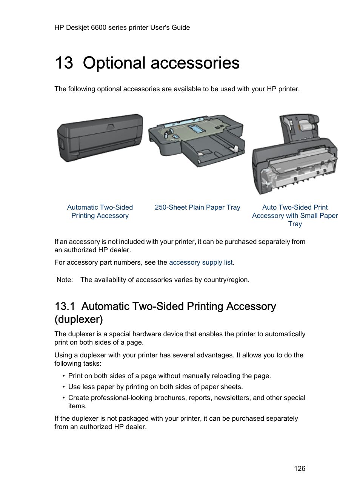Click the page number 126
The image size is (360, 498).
(300, 469)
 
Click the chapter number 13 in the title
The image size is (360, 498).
(64, 63)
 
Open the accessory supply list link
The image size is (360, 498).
(201, 262)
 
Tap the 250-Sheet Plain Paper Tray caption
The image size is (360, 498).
(197, 207)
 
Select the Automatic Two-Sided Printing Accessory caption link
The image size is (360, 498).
(100, 211)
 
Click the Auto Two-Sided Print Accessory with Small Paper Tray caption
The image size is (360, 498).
(295, 216)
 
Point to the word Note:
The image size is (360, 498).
(65, 280)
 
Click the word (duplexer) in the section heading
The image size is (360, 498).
(79, 319)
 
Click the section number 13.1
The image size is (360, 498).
(65, 306)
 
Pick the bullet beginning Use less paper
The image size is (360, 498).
(155, 387)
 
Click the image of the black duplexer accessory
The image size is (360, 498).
(100, 138)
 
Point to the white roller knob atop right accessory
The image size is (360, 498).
(304, 125)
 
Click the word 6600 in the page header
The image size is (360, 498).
(98, 28)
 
